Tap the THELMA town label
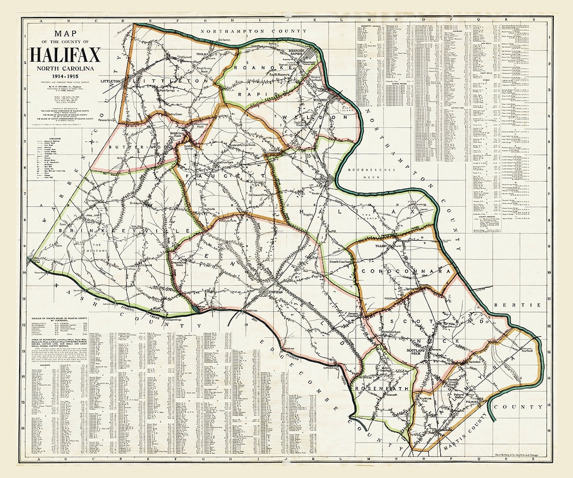pyautogui.click(x=202, y=54)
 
